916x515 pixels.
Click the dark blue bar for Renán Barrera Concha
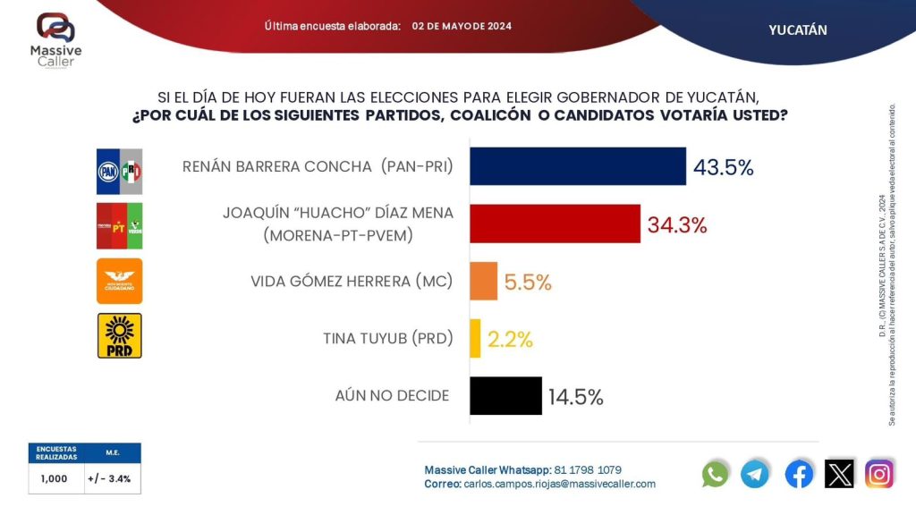click(x=578, y=166)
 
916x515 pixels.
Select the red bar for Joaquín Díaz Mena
click(x=556, y=224)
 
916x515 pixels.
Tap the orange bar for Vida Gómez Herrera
click(x=483, y=281)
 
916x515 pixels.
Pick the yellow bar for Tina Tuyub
click(x=475, y=338)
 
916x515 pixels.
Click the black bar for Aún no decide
click(x=505, y=395)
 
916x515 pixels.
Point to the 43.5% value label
click(x=723, y=167)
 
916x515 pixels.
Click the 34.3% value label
click(x=677, y=224)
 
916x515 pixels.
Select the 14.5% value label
click(x=576, y=396)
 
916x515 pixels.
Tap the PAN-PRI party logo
click(x=119, y=171)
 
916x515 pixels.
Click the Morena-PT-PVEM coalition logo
click(x=119, y=225)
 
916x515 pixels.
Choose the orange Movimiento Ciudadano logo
click(x=119, y=281)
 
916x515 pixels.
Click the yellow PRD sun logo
click(x=119, y=336)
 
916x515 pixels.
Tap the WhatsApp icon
click(x=716, y=473)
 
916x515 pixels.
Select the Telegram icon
click(x=755, y=473)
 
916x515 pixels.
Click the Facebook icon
click(x=799, y=473)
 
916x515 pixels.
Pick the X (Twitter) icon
click(x=840, y=473)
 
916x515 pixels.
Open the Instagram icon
click(x=880, y=473)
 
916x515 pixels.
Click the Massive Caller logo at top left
click(x=55, y=41)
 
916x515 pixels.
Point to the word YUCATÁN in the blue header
click(x=798, y=30)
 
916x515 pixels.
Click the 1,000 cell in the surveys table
click(x=55, y=478)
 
